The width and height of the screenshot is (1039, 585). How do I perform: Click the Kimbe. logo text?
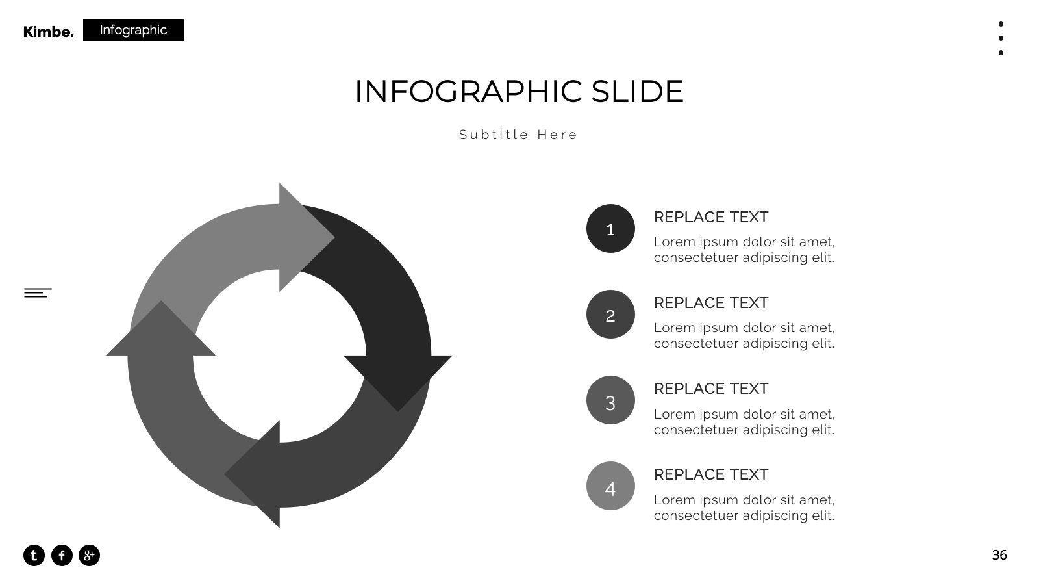48,32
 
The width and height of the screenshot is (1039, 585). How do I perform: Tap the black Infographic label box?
134,30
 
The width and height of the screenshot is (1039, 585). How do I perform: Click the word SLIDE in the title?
637,91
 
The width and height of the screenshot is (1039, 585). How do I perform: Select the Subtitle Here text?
518,135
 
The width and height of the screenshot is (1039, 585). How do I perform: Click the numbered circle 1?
610,228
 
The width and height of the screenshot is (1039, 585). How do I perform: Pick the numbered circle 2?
610,315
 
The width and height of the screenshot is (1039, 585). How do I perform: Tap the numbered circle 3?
610,400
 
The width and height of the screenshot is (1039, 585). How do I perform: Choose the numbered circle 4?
610,486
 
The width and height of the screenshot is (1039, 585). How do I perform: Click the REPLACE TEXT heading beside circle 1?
711,217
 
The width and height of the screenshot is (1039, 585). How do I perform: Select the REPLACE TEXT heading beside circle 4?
711,474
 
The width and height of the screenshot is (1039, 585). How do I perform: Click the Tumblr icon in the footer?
34,555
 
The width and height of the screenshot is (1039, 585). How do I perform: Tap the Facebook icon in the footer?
62,555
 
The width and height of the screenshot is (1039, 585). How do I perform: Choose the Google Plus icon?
89,555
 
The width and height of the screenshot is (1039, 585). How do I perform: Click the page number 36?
999,555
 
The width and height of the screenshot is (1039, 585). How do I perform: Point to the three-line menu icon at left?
38,292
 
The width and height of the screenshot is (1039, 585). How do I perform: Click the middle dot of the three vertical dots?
1001,38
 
